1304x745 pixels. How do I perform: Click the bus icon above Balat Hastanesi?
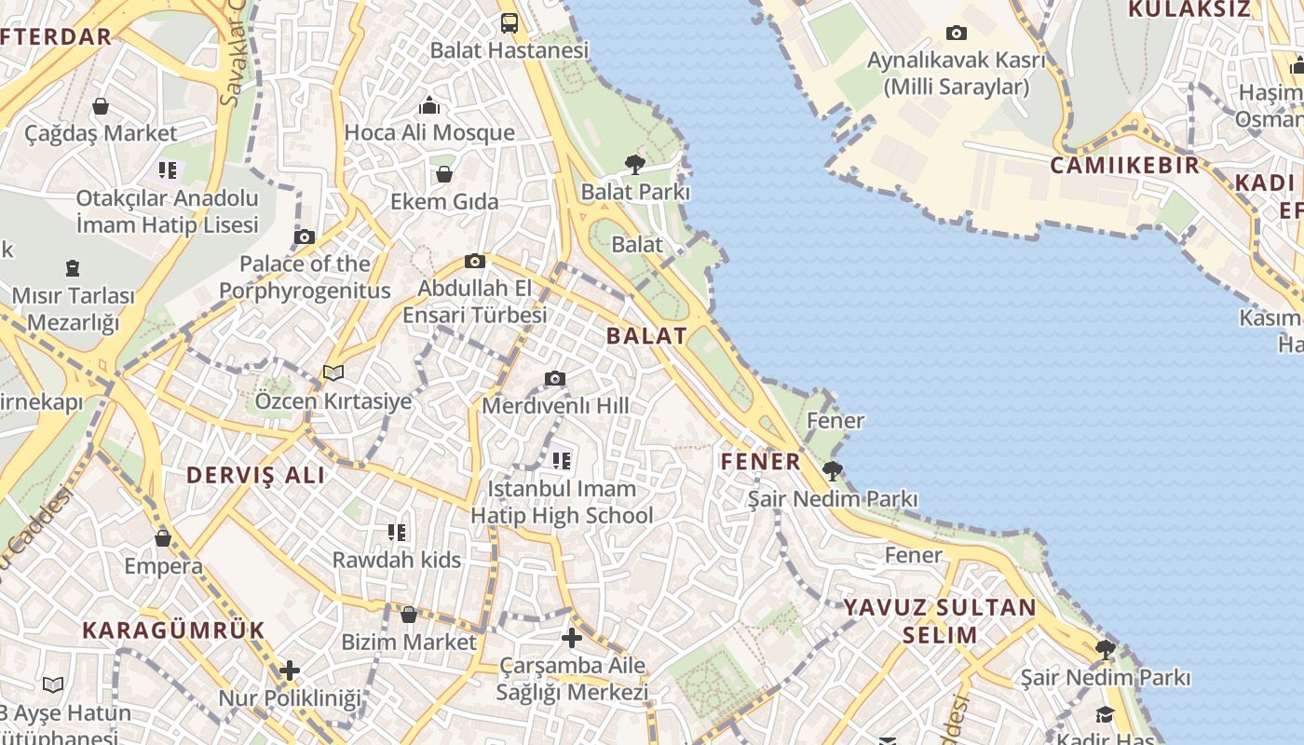(x=509, y=23)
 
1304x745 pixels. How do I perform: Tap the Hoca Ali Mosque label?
(x=429, y=132)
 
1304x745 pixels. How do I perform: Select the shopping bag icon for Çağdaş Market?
(x=101, y=107)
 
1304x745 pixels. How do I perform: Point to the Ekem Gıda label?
(x=444, y=201)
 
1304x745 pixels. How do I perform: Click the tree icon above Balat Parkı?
(x=635, y=165)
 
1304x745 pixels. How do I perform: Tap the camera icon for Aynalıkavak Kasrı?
(x=956, y=34)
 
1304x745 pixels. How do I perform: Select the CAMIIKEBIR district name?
(x=1125, y=166)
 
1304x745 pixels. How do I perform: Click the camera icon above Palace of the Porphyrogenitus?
(x=305, y=237)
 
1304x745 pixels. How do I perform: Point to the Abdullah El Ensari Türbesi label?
(x=475, y=302)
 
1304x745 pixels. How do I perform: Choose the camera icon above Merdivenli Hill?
(x=555, y=378)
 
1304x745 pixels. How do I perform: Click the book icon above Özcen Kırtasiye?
(x=333, y=373)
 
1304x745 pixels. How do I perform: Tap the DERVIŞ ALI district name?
(x=256, y=475)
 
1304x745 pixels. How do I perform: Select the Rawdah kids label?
(x=397, y=560)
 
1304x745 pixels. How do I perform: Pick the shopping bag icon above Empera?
(x=163, y=538)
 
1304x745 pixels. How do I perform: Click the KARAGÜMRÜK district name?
(x=173, y=630)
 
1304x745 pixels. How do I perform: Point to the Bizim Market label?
(x=409, y=642)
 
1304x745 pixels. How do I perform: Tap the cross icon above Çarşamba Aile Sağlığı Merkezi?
(x=572, y=638)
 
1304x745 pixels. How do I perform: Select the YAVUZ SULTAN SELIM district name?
(x=940, y=621)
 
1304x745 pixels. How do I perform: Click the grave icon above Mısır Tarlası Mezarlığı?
(x=73, y=269)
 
